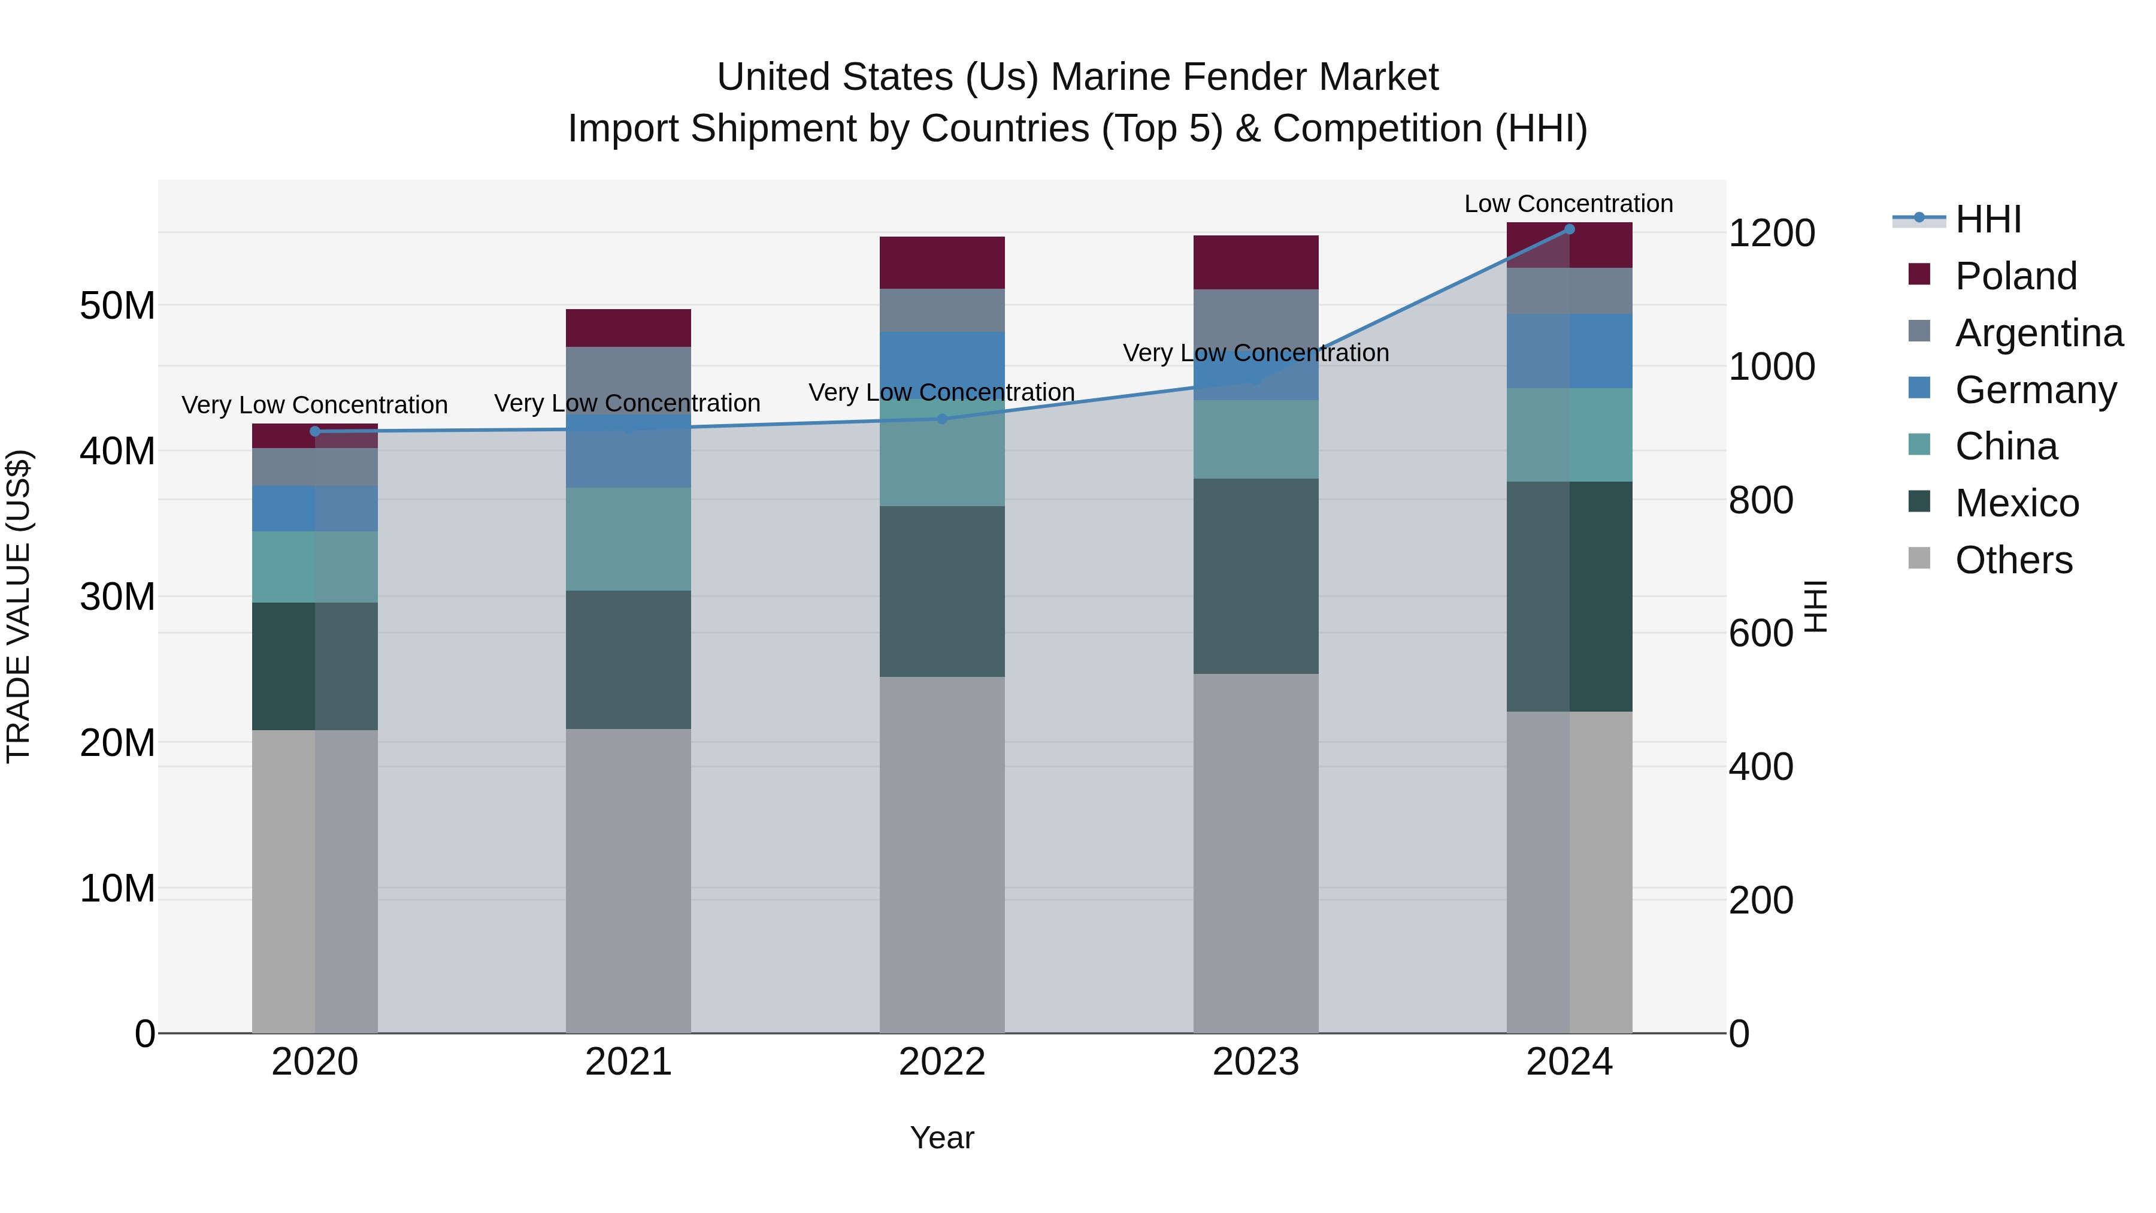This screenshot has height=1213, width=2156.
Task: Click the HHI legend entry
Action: coord(1988,219)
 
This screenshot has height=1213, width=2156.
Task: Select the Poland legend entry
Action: coord(2015,276)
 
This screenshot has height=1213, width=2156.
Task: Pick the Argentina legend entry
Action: coord(2039,333)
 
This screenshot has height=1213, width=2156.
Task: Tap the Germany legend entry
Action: coord(2036,390)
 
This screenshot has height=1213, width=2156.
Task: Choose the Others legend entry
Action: coord(2013,560)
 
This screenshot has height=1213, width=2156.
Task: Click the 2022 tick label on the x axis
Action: coord(941,1062)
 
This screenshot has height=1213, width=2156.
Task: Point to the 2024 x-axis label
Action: coord(1569,1062)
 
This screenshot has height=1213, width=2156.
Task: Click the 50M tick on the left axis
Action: coord(117,306)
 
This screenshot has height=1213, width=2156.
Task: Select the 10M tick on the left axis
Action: coord(117,889)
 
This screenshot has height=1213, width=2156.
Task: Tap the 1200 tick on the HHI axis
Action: coord(1771,234)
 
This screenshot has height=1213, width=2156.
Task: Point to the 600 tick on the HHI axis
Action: coord(1761,634)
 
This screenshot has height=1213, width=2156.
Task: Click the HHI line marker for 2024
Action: coord(1569,229)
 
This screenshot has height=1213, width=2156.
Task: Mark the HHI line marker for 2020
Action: coord(314,432)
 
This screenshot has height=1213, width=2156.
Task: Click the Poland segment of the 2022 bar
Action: coord(941,263)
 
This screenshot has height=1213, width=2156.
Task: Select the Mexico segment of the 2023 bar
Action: coord(1255,576)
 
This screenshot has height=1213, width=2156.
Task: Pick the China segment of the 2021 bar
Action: coord(628,539)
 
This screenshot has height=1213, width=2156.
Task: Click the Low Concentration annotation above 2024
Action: coord(1568,204)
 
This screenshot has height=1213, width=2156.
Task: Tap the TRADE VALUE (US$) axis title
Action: coord(19,606)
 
